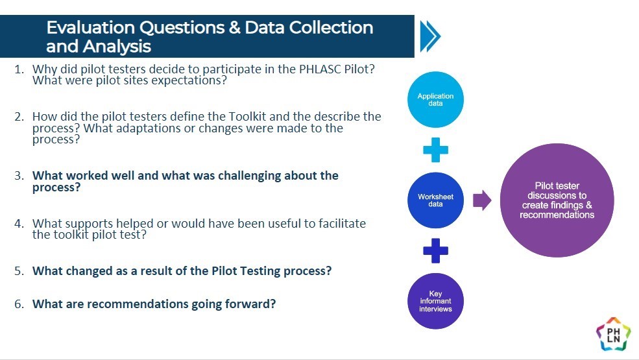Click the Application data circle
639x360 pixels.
pyautogui.click(x=435, y=99)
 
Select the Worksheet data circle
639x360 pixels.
pyautogui.click(x=435, y=200)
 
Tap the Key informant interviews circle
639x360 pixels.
pyautogui.click(x=435, y=301)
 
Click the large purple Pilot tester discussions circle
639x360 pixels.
pyautogui.click(x=557, y=200)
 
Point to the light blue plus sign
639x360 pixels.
pyautogui.click(x=436, y=150)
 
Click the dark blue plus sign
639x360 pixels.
pyautogui.click(x=436, y=250)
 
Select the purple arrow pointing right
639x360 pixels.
pyautogui.click(x=482, y=200)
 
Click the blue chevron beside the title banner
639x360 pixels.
pyautogui.click(x=430, y=36)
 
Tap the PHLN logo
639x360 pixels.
pyautogui.click(x=613, y=334)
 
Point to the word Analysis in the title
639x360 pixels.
pyautogui.click(x=117, y=47)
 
